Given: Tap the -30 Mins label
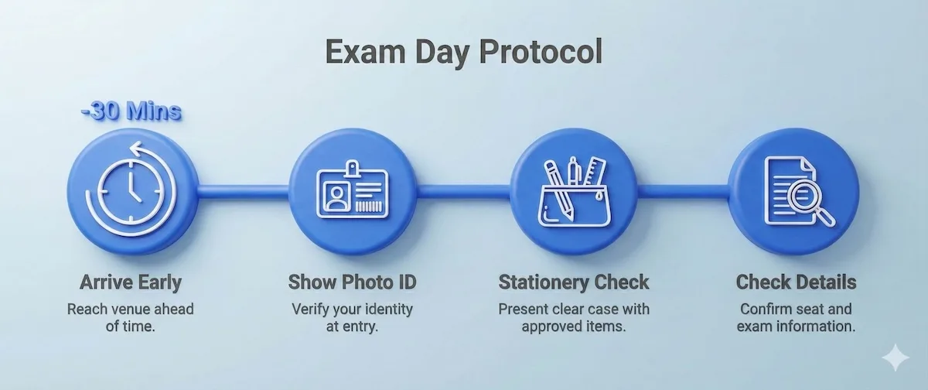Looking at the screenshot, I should coord(130,111).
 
